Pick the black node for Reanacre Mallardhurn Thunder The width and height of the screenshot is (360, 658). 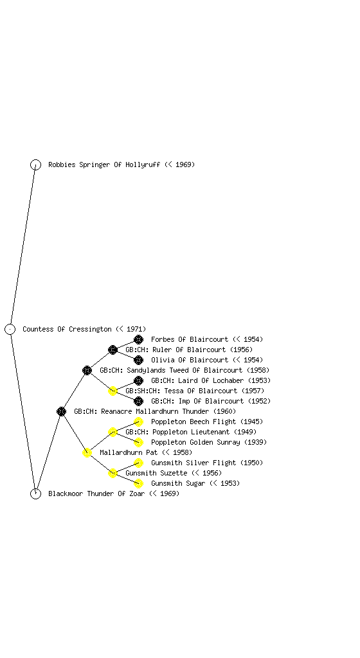point(61,411)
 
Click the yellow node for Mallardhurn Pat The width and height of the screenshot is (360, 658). point(87,452)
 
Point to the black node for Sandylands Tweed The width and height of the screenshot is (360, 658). point(87,370)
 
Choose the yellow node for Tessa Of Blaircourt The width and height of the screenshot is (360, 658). point(113,391)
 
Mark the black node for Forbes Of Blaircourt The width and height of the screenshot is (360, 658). point(138,339)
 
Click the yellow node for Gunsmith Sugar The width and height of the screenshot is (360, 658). point(138,483)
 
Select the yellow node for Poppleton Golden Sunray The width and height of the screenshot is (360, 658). point(138,442)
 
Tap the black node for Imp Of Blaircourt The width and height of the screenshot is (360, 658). point(138,401)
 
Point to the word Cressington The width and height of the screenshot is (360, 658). point(90,329)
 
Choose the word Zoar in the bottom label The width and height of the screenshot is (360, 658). point(137,493)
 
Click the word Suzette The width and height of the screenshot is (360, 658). point(174,473)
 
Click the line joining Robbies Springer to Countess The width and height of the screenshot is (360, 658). point(22,247)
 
